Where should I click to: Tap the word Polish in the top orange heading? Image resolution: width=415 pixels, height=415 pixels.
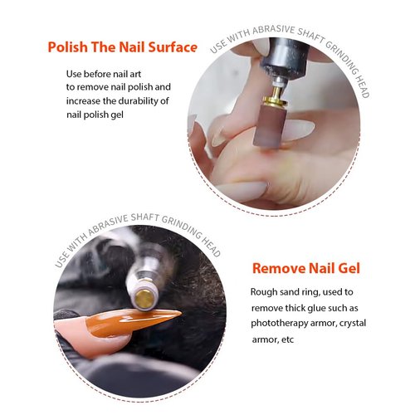[67, 47]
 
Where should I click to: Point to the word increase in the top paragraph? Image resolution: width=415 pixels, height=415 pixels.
[85, 101]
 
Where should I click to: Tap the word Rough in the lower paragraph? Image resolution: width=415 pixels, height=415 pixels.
[265, 292]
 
